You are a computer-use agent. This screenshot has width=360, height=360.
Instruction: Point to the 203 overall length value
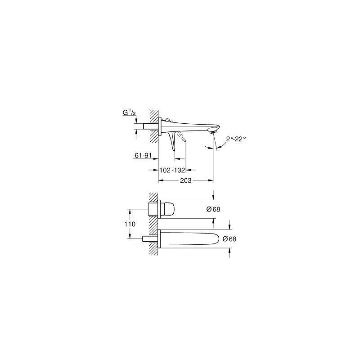(185, 180)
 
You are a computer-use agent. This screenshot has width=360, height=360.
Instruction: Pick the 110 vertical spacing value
(130, 224)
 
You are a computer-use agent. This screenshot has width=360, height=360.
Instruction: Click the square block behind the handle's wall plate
(153, 209)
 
